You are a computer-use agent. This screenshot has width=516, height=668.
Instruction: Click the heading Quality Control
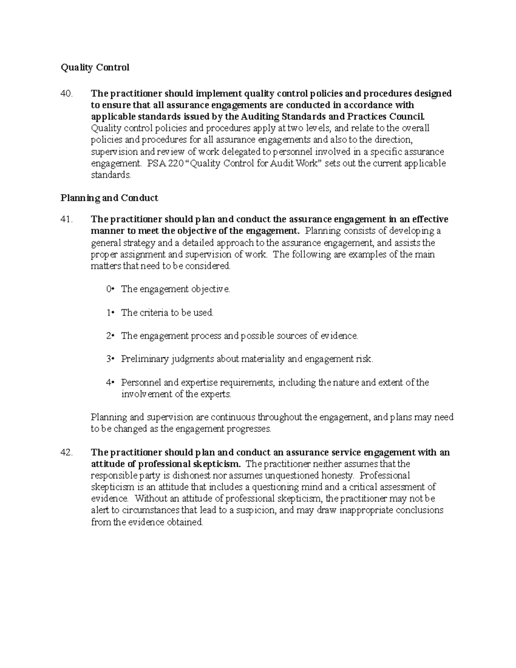tap(95, 68)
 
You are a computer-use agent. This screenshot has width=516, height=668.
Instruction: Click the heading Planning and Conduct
tap(109, 198)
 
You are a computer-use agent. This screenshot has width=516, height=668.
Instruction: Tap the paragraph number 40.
tap(67, 94)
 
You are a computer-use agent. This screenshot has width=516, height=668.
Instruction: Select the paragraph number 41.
tap(67, 219)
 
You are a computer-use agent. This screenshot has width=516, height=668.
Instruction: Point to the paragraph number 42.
tap(67, 453)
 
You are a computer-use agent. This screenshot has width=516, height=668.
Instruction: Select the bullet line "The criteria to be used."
tap(167, 313)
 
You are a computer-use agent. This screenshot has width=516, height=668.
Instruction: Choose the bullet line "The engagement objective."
tap(175, 289)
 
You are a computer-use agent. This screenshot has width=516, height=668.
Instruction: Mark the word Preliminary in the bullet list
tap(145, 359)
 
